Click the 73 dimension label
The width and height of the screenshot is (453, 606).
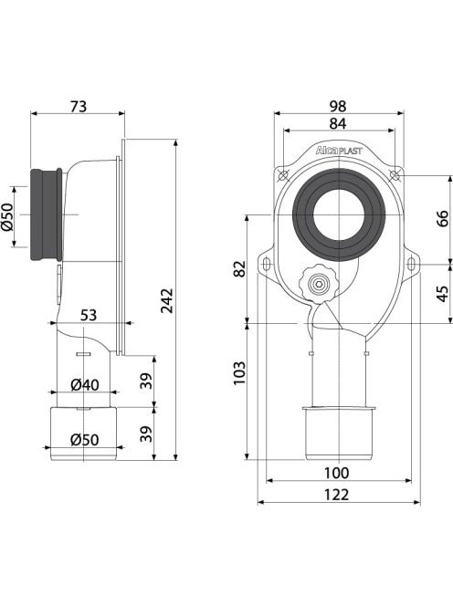coord(79,106)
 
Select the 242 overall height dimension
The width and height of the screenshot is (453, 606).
coord(167,300)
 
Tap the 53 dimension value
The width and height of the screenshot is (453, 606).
coord(89,315)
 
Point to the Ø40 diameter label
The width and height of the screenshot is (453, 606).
coord(85,385)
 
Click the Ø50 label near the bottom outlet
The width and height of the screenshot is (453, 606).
coord(84,440)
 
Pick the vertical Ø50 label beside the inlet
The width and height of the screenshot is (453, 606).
coord(7,216)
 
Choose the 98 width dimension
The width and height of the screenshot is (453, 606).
coord(338,106)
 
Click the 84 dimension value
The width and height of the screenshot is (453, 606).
coord(338,124)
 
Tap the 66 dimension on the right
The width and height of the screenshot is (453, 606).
coord(443,218)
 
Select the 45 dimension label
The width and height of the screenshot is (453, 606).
coord(443,293)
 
